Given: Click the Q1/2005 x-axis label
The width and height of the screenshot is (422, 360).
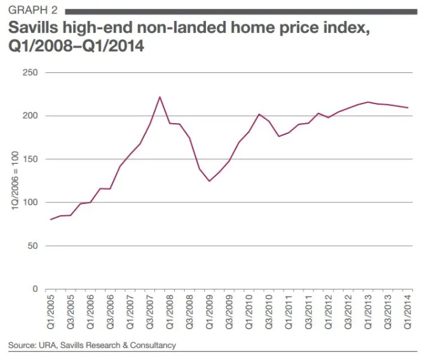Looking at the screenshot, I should [x=51, y=312].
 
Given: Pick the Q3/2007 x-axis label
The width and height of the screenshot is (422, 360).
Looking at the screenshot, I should [x=150, y=312].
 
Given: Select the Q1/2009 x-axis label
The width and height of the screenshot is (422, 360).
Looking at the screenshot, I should [x=209, y=312].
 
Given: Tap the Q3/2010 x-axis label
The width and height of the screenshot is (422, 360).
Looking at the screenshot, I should [x=269, y=312].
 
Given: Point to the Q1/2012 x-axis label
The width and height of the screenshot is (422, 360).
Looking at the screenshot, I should [x=329, y=312].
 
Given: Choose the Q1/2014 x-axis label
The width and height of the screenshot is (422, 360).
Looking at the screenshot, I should [x=407, y=312].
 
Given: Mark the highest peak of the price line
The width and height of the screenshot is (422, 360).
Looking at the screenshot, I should [x=160, y=97].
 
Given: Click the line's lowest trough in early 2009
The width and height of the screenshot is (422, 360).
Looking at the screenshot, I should [x=209, y=182].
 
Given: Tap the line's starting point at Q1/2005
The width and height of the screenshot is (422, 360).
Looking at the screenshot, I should [x=51, y=220].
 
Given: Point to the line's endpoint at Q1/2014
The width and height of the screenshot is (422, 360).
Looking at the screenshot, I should [x=407, y=108].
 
